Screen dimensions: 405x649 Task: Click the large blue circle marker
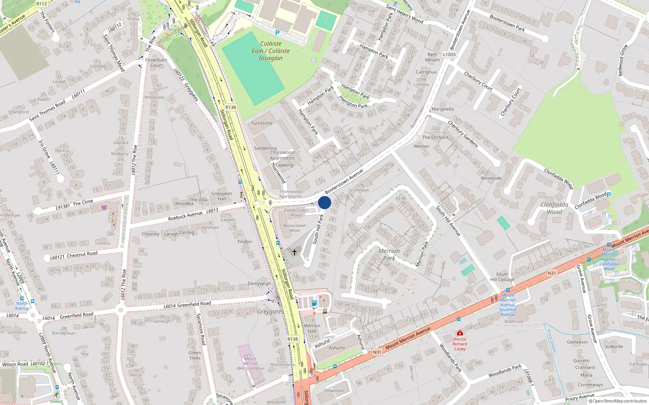click(x=324, y=202)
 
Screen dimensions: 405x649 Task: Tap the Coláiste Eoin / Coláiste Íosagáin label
click(x=271, y=51)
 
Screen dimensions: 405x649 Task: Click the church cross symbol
click(x=294, y=252)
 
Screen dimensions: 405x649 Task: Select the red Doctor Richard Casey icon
click(x=460, y=333)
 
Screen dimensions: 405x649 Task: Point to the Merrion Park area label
click(x=389, y=254)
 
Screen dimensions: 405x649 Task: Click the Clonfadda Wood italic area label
click(x=554, y=208)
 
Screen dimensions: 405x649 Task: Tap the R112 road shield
click(x=42, y=4)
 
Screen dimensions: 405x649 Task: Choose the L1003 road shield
click(x=449, y=54)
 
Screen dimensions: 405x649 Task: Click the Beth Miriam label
click(x=432, y=57)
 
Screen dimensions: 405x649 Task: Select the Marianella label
click(x=443, y=109)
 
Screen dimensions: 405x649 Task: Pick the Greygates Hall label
click(x=221, y=196)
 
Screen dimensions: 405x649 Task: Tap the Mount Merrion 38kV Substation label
click(x=250, y=363)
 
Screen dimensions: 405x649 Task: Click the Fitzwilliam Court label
click(x=156, y=62)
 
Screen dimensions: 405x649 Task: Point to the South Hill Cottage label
click(x=502, y=277)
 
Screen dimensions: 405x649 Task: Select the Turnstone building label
click(x=262, y=123)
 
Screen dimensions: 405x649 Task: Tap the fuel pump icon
click(x=314, y=303)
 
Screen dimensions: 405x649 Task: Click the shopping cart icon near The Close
click(x=104, y=208)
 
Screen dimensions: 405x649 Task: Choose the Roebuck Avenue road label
click(x=185, y=216)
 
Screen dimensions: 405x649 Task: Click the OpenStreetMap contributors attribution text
click(x=617, y=401)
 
